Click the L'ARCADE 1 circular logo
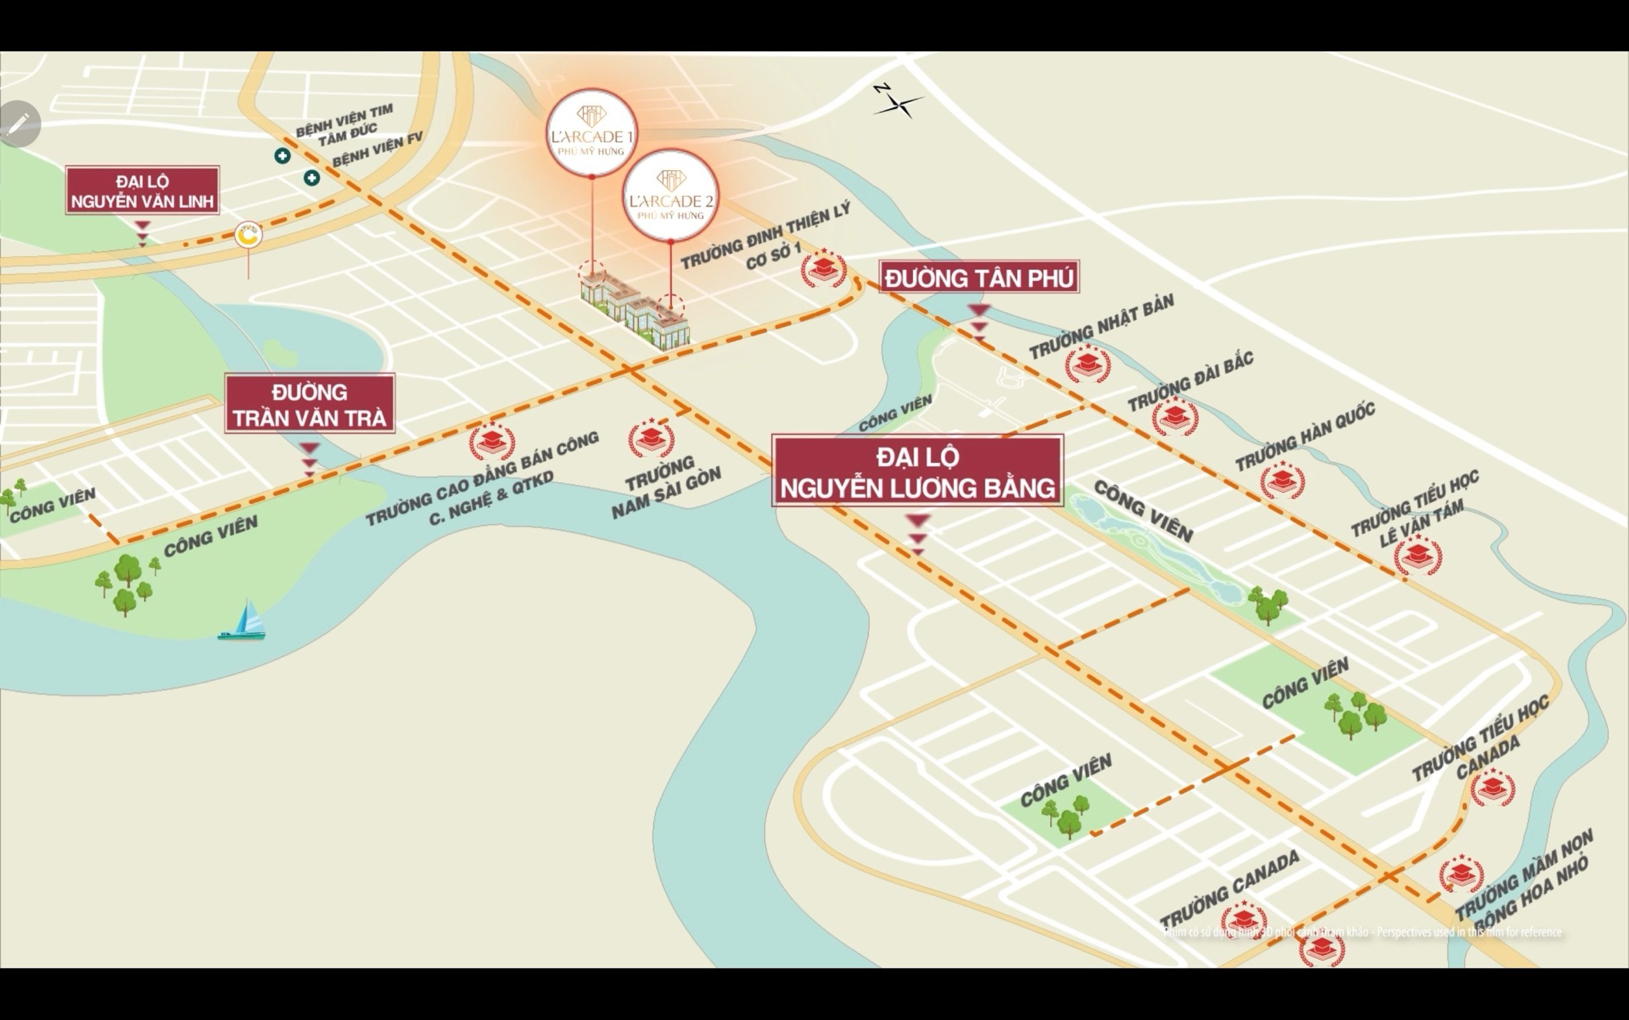[x=591, y=132]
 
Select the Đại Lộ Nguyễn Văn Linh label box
[x=143, y=191]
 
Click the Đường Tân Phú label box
[x=979, y=277]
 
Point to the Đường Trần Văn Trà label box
[x=309, y=404]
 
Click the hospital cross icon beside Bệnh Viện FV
[x=312, y=178]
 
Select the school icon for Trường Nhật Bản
[x=1087, y=364]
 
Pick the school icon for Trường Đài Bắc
[x=1175, y=416]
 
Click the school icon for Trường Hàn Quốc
[x=1282, y=480]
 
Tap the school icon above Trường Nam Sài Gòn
[x=651, y=439]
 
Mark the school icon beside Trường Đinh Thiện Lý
[x=823, y=269]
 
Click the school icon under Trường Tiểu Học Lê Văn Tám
[x=1418, y=555]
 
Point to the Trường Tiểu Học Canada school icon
[x=1492, y=788]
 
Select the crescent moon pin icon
[x=248, y=236]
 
